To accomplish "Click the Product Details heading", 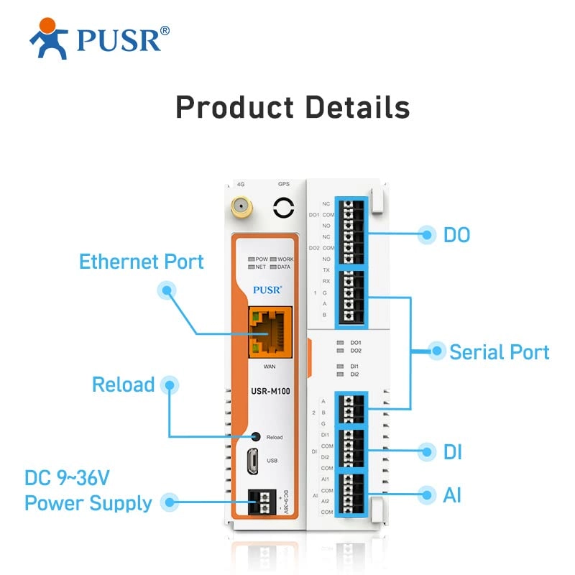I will [x=293, y=107].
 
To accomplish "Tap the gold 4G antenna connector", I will [x=241, y=208].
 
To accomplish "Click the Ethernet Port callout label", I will [x=142, y=261].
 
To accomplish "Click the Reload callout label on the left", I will [x=124, y=385].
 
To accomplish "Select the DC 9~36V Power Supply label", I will [x=88, y=490].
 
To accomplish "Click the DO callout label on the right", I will [x=456, y=234].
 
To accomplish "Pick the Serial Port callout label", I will [x=500, y=352].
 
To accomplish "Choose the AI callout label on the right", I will [x=452, y=494].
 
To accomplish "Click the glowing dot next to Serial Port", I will [x=436, y=351].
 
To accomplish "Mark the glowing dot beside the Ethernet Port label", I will [x=167, y=290].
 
